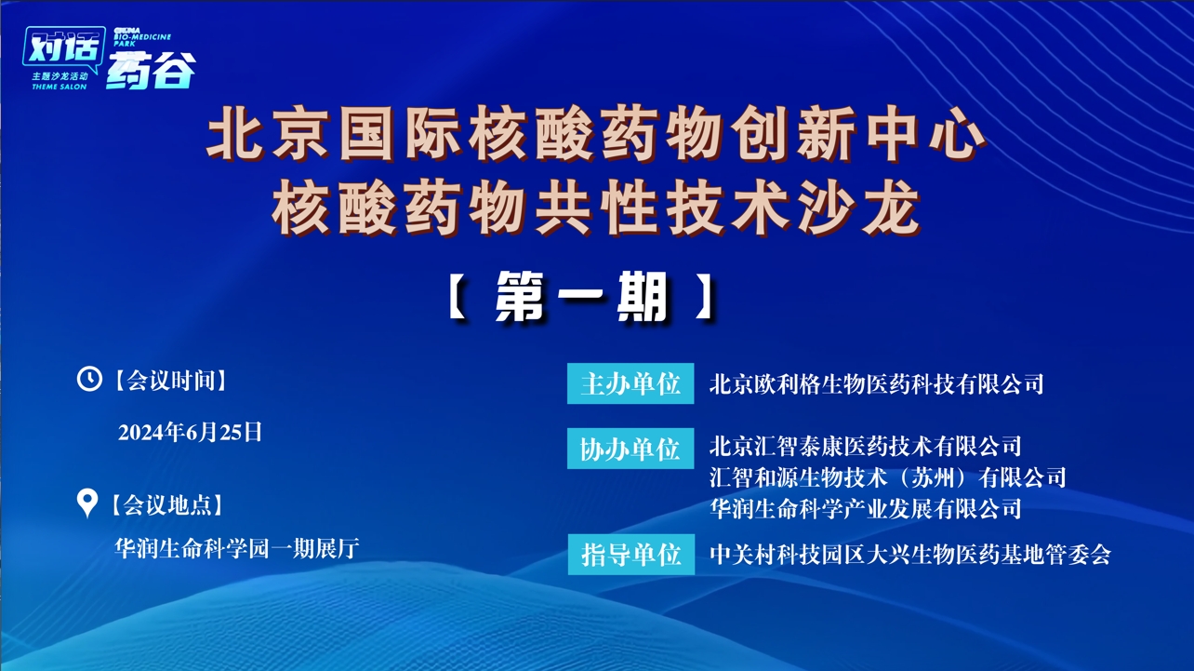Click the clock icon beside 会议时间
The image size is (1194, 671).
88,379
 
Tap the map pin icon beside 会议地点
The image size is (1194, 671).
86,503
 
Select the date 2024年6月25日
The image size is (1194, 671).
191,432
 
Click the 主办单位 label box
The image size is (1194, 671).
630,383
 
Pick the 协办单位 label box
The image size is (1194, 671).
630,449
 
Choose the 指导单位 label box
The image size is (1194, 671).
630,555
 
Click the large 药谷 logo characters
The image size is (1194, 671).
151,72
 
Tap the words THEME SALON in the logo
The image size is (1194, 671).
59,87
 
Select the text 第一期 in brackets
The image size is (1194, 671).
582,298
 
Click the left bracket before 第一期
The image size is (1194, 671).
456,298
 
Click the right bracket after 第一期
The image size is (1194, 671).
707,298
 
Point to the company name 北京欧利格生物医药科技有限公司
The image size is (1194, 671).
876,383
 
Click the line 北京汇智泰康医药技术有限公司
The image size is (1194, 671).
865,446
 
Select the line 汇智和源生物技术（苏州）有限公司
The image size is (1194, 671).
887,477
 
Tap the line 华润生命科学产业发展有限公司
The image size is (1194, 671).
865,508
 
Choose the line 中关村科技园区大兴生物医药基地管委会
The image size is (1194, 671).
909,555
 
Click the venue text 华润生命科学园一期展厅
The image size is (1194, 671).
236,548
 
